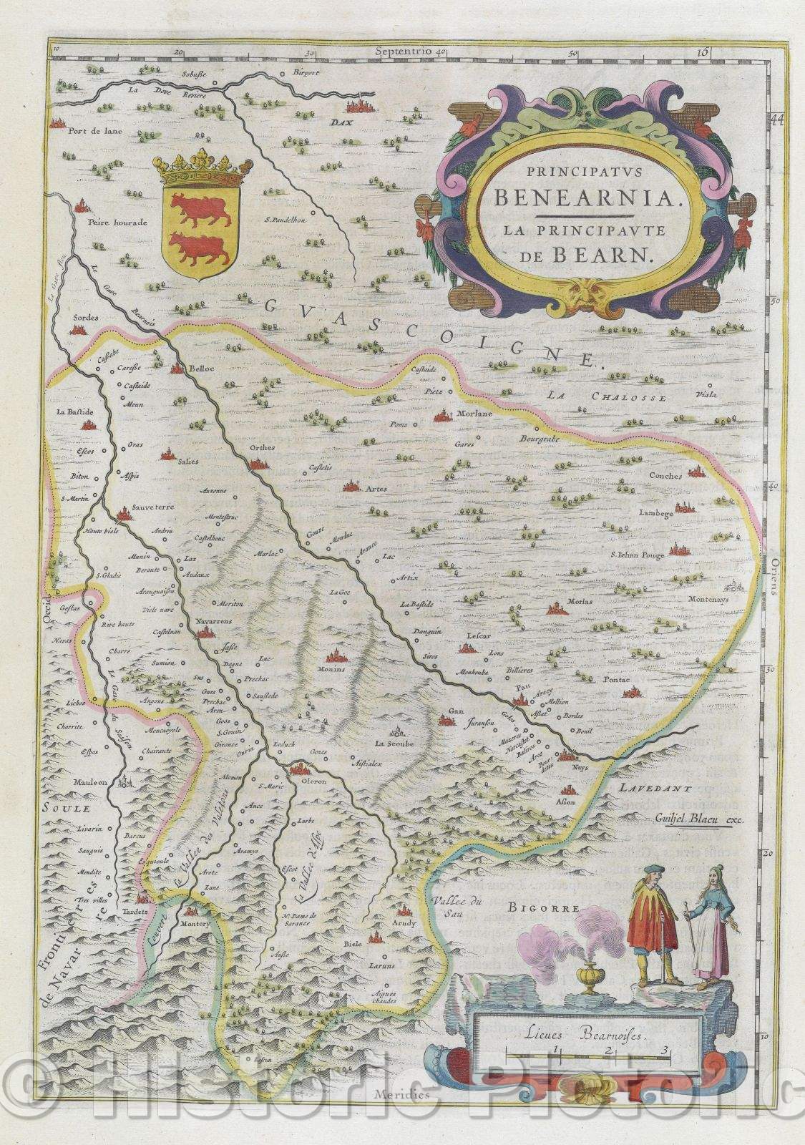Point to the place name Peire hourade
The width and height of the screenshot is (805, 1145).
117,223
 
